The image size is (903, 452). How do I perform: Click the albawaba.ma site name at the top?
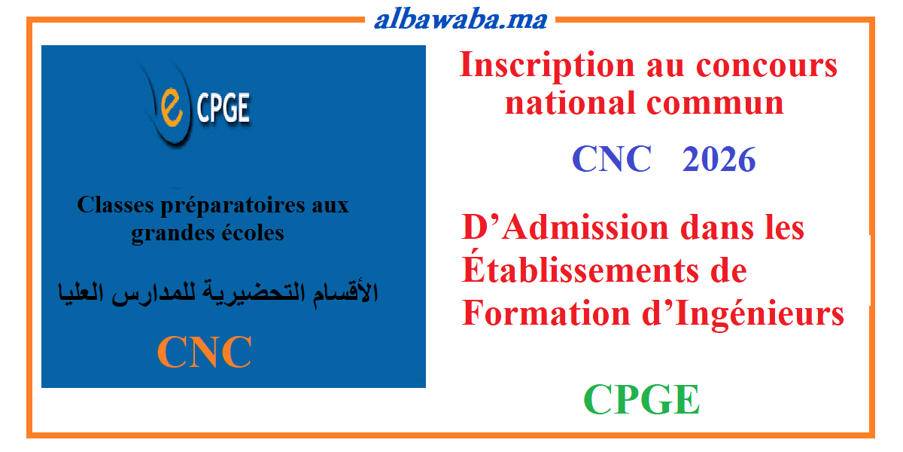tap(460, 19)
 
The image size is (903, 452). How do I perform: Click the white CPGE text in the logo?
tap(223, 110)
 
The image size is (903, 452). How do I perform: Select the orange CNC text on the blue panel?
tap(205, 352)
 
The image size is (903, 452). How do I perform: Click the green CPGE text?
tap(642, 399)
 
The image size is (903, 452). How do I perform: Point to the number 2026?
tap(719, 160)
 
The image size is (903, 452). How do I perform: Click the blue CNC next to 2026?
tap(611, 160)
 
